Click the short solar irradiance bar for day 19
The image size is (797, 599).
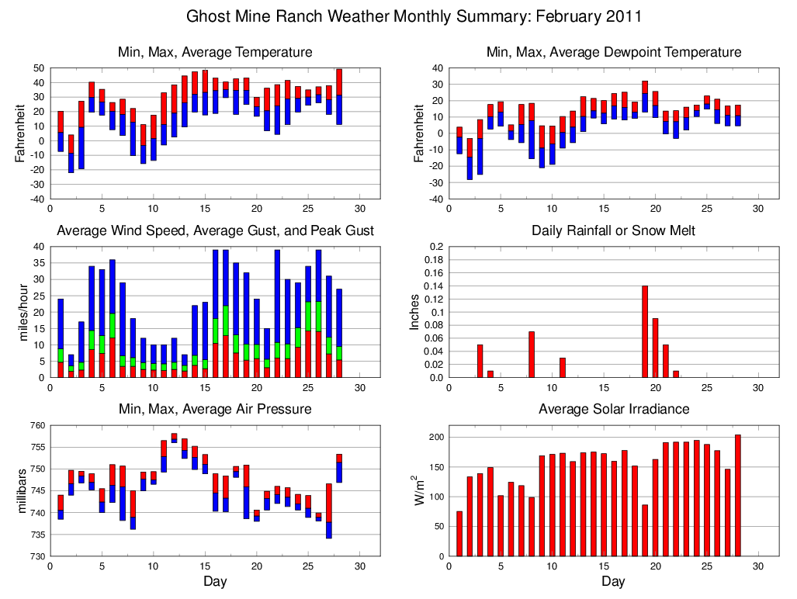click(645, 530)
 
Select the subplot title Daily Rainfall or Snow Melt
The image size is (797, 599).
click(613, 231)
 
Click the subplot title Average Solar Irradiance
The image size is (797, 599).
click(613, 409)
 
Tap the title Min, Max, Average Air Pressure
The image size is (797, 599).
click(215, 409)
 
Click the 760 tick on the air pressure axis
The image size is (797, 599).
click(37, 425)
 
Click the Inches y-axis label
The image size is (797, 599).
click(415, 312)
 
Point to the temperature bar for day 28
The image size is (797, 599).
click(339, 96)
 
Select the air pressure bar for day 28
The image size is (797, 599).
click(339, 468)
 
